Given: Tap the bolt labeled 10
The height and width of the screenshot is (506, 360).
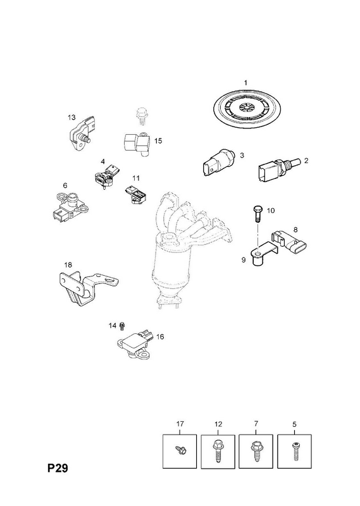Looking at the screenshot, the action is click(258, 213).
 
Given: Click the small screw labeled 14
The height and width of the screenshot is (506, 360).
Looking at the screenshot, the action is click(122, 326).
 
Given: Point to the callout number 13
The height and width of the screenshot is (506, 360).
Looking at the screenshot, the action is click(71, 117).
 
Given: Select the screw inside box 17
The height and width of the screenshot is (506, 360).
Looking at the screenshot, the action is click(179, 450).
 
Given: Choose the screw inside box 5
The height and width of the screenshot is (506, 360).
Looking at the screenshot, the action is click(294, 451).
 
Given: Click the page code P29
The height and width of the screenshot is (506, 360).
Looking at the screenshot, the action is click(58, 468).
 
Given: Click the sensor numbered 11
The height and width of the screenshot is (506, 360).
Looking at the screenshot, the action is click(135, 195).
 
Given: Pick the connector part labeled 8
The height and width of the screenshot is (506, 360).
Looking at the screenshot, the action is click(289, 244).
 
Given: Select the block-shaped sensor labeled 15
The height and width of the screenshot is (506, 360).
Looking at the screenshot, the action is click(137, 144).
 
